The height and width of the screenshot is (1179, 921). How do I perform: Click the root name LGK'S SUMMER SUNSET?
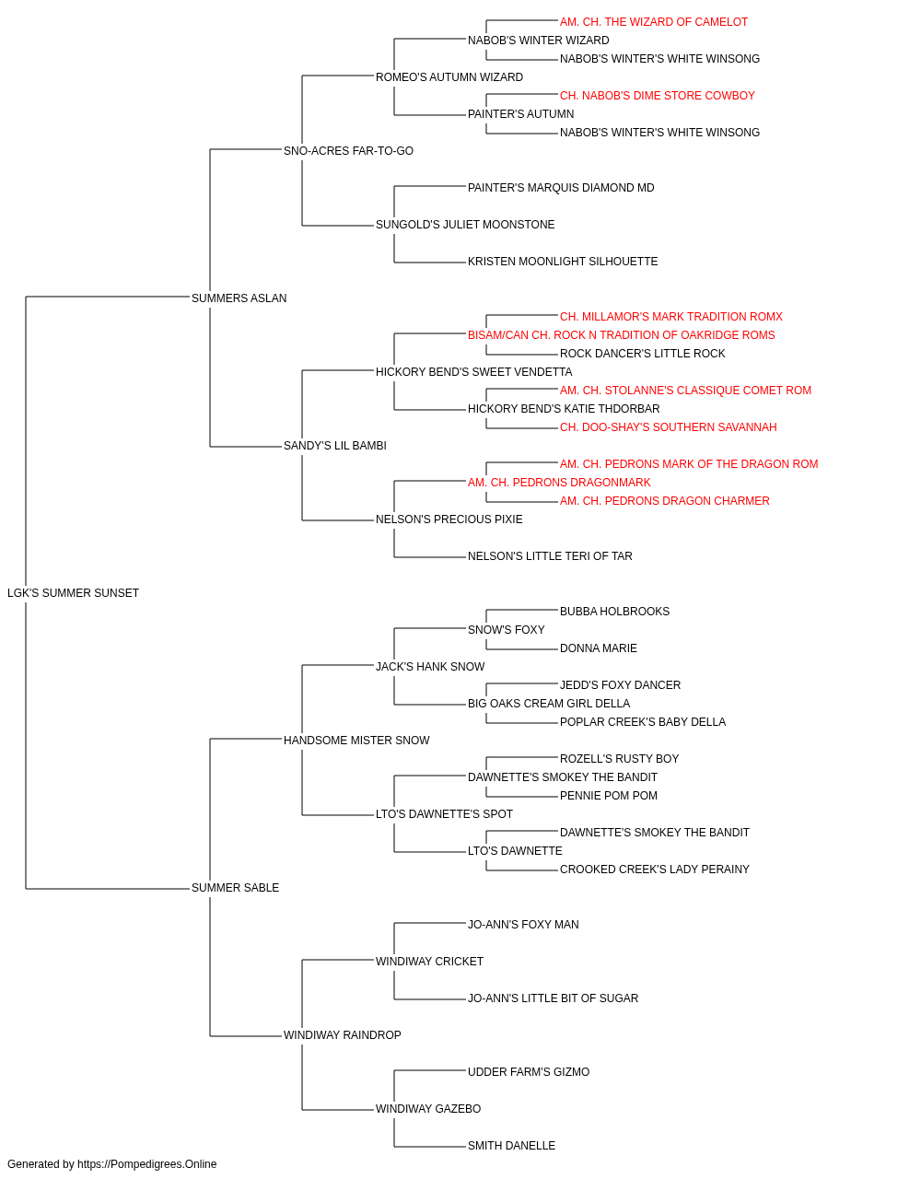[74, 593]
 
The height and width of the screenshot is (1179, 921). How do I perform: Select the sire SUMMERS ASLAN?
[239, 298]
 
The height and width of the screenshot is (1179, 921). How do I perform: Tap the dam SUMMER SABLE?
[235, 888]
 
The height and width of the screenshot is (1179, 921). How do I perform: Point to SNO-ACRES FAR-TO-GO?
[348, 151]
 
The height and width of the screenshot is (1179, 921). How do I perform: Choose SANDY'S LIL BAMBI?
[334, 446]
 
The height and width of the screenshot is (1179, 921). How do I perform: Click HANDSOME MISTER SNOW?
[356, 740]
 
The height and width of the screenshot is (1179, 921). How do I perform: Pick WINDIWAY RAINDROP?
[343, 1034]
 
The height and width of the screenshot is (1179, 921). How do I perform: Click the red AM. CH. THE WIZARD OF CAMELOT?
[654, 22]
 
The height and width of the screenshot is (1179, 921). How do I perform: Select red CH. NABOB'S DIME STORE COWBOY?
[658, 96]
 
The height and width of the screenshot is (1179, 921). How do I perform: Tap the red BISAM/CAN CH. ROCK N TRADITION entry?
[621, 334]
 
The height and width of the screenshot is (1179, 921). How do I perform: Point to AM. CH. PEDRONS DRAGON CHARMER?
[664, 501]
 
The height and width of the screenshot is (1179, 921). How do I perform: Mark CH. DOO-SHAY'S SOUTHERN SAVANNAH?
[669, 427]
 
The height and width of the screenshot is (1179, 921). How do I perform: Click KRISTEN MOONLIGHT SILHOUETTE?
[563, 262]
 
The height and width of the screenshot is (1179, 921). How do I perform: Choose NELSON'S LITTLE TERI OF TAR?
[550, 556]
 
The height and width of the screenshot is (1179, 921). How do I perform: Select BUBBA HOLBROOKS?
[614, 612]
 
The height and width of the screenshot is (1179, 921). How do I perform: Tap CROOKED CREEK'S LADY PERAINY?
[654, 870]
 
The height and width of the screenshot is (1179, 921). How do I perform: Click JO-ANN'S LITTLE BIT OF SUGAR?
[553, 998]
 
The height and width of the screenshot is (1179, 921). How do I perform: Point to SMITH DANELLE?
[511, 1145]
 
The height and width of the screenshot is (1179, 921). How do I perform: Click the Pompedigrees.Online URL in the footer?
[147, 1164]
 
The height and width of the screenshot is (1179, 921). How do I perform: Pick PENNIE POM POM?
[609, 796]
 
